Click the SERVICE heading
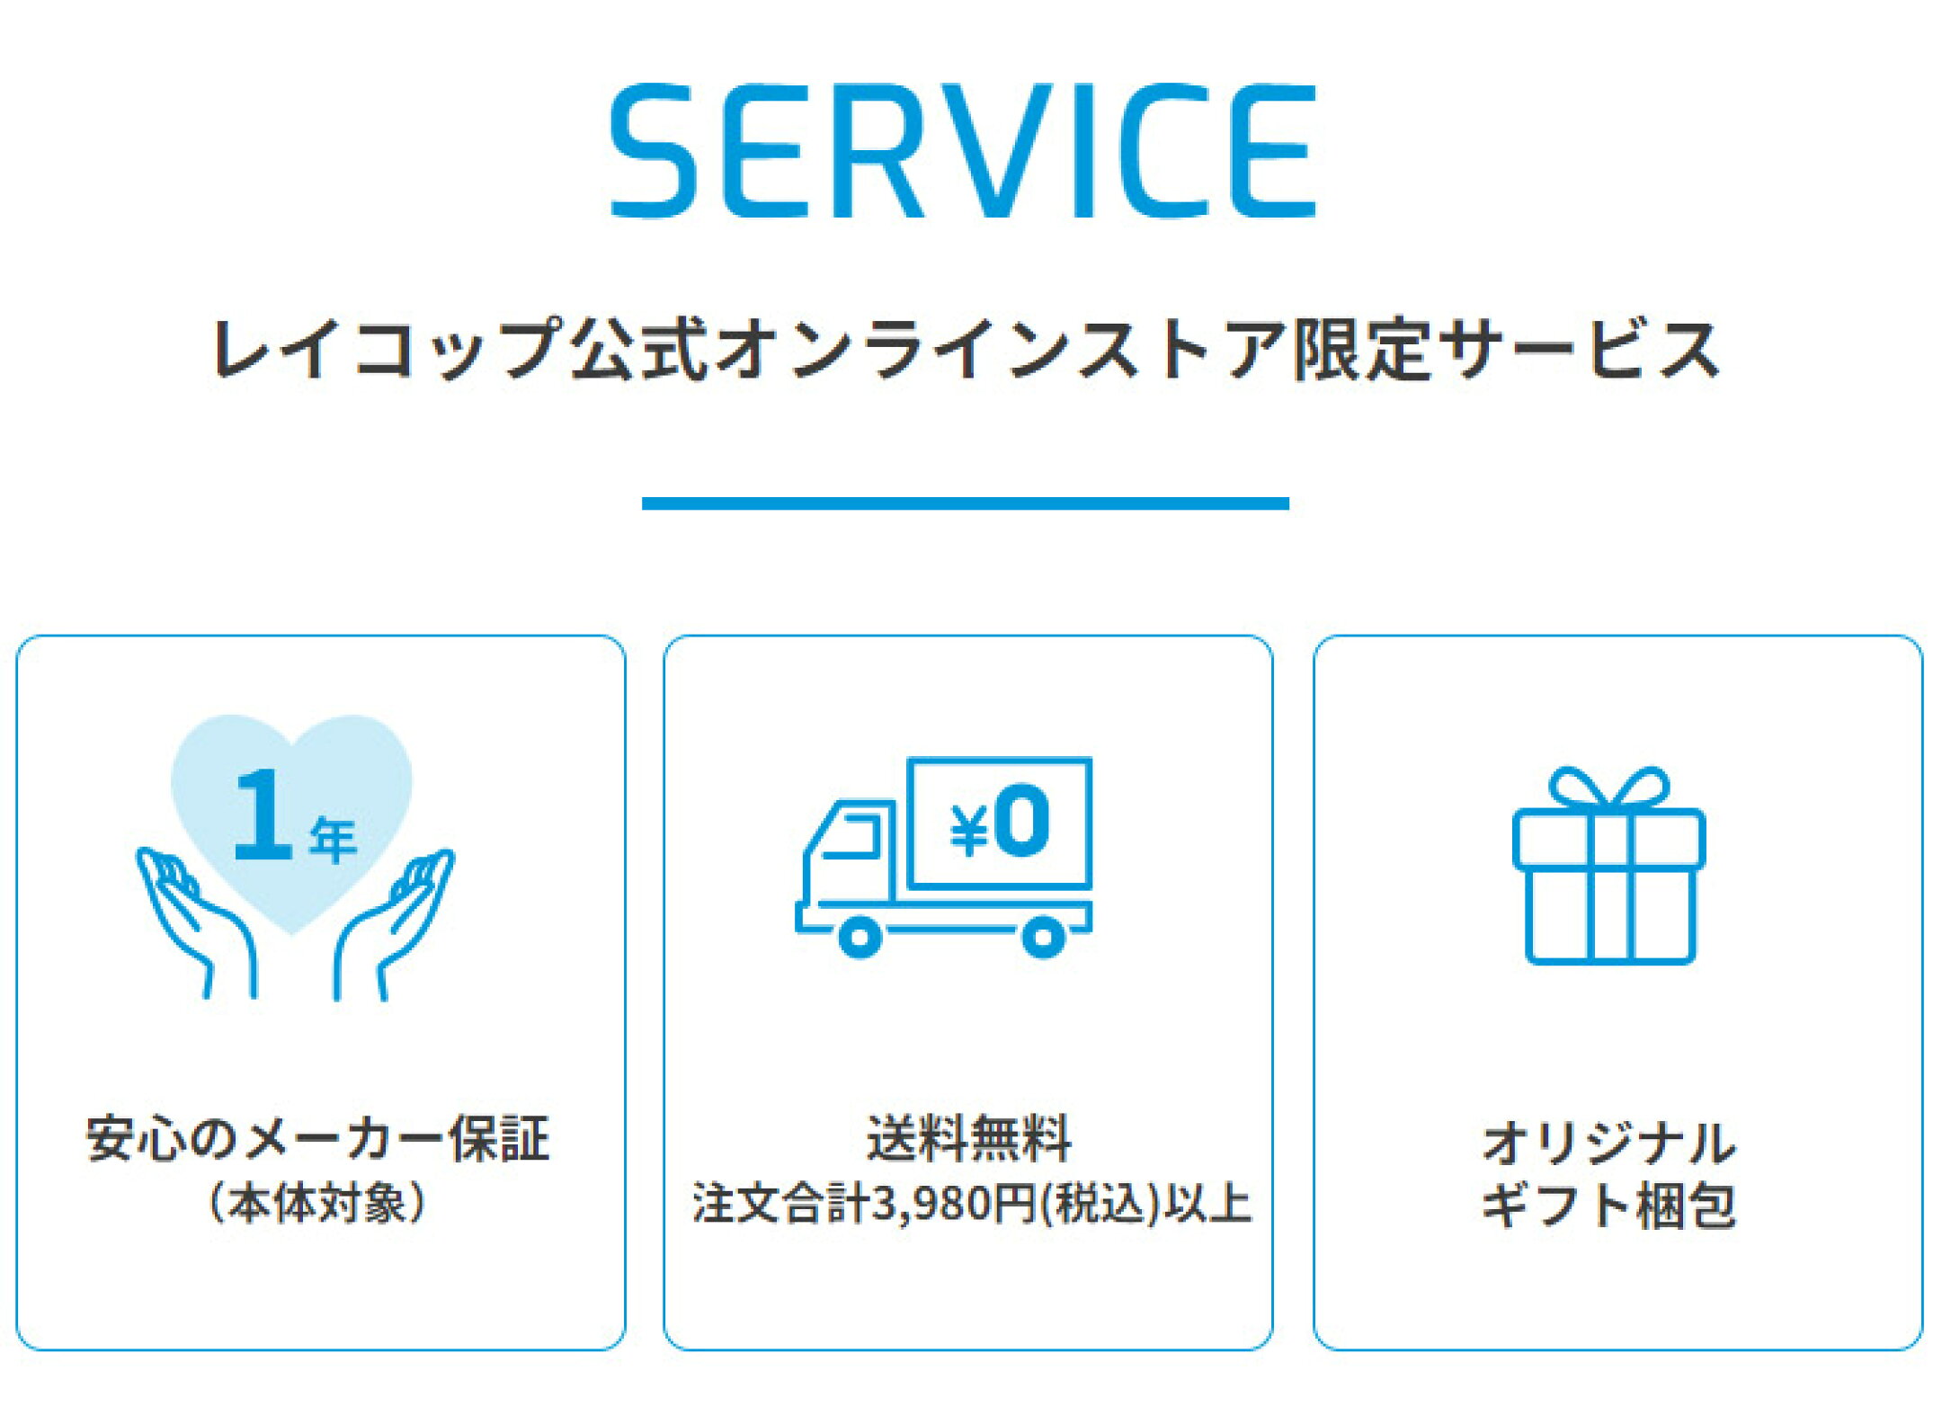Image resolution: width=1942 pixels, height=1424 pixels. [963, 151]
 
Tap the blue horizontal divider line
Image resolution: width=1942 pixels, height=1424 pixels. [966, 503]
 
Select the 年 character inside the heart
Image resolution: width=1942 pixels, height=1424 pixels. [334, 841]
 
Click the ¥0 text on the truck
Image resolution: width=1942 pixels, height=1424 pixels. [1000, 821]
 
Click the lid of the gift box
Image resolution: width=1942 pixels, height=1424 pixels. [1608, 839]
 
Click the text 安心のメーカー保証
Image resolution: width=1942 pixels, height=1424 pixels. [317, 1139]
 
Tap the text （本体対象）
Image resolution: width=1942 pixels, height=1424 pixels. [317, 1203]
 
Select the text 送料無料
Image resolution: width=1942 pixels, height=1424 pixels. [969, 1138]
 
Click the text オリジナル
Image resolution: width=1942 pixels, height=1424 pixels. [1608, 1144]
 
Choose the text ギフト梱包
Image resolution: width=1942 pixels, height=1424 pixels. [1608, 1205]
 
